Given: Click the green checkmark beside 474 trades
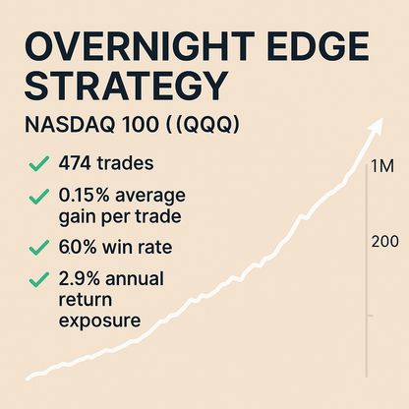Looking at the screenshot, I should click(38, 163).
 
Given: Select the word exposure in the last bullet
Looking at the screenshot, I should click(101, 320).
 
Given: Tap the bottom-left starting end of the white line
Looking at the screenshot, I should click(29, 376).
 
